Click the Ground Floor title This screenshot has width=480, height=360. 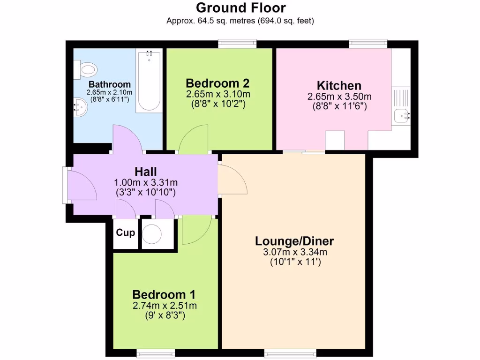pyautogui.click(x=240, y=8)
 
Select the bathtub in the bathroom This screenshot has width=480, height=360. pyautogui.click(x=149, y=81)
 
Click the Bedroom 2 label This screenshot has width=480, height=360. pyautogui.click(x=218, y=83)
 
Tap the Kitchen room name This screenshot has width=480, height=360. pyautogui.click(x=339, y=86)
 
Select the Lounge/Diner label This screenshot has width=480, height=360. pyautogui.click(x=294, y=241)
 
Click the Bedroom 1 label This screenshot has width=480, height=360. pyautogui.click(x=164, y=295)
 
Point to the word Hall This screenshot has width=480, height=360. pyautogui.click(x=145, y=172)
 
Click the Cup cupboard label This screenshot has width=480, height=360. pyautogui.click(x=125, y=233)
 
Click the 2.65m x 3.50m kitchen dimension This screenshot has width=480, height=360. pyautogui.click(x=339, y=97)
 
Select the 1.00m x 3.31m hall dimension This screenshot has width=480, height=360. pyautogui.click(x=145, y=182)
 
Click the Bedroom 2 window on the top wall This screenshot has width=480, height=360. pyautogui.click(x=237, y=44)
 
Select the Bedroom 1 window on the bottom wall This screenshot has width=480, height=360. pyautogui.click(x=156, y=352)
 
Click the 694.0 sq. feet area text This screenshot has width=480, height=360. pyautogui.click(x=285, y=21)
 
